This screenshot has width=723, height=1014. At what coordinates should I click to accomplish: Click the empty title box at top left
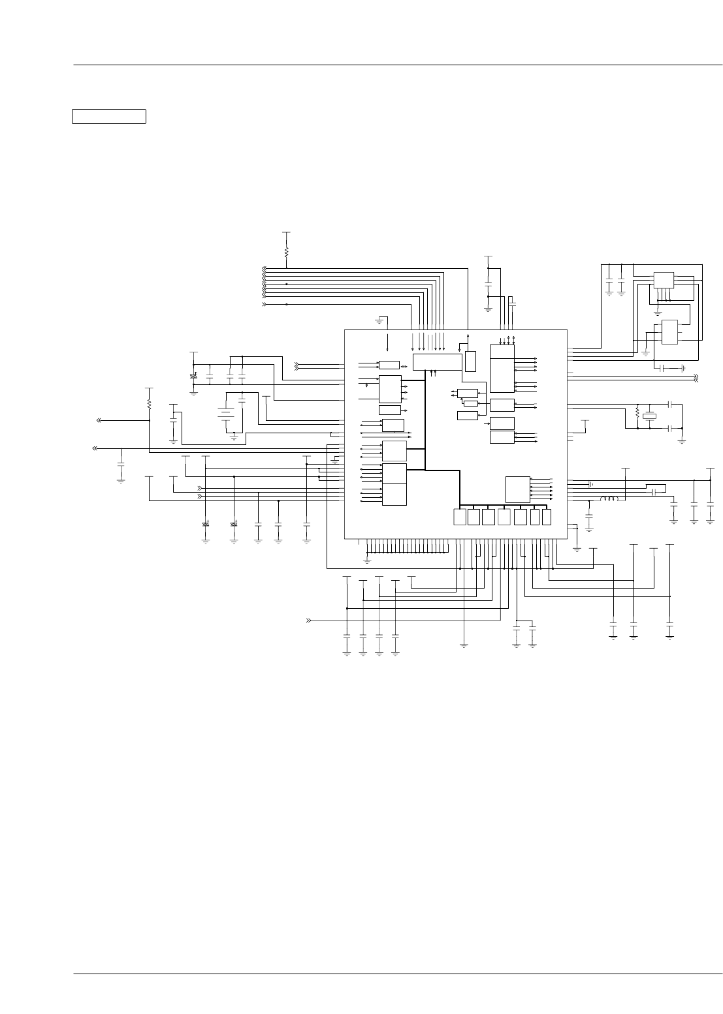(108, 116)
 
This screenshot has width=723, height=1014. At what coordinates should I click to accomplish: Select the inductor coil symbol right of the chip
(609, 499)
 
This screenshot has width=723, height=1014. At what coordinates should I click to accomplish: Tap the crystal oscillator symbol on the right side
(649, 416)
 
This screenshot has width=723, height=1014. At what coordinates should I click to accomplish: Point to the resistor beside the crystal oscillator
(637, 412)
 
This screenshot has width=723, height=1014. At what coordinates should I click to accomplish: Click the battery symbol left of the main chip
(226, 412)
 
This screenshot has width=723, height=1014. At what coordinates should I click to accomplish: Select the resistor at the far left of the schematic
(149, 405)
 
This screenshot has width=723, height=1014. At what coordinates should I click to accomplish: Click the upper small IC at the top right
(664, 280)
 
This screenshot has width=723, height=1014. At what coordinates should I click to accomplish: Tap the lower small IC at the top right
(669, 332)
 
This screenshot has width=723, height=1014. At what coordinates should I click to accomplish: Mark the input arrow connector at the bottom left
(308, 621)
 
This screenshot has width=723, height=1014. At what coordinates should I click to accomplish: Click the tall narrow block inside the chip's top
(470, 361)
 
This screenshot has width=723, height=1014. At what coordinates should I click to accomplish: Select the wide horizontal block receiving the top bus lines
(437, 362)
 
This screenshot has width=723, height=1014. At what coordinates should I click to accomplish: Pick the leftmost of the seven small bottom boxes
(460, 517)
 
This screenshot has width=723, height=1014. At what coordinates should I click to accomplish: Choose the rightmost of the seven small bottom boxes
(547, 517)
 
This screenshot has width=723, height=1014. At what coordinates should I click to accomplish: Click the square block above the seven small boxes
(517, 489)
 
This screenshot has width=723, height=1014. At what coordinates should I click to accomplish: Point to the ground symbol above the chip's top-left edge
(379, 321)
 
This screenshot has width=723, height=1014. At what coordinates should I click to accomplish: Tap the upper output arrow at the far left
(99, 420)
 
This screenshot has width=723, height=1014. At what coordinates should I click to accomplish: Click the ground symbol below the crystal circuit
(682, 440)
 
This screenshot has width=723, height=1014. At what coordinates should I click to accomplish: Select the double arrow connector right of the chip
(696, 378)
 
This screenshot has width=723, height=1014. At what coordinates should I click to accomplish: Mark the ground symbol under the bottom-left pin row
(367, 560)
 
